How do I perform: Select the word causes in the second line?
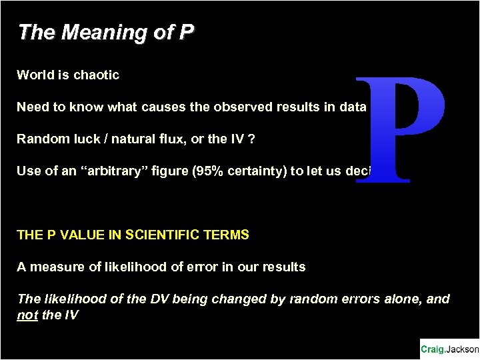click(169, 107)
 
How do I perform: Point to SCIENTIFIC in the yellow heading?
click(154, 235)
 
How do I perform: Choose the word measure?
click(54, 267)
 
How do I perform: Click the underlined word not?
click(27, 315)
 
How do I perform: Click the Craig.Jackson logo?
click(449, 349)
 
